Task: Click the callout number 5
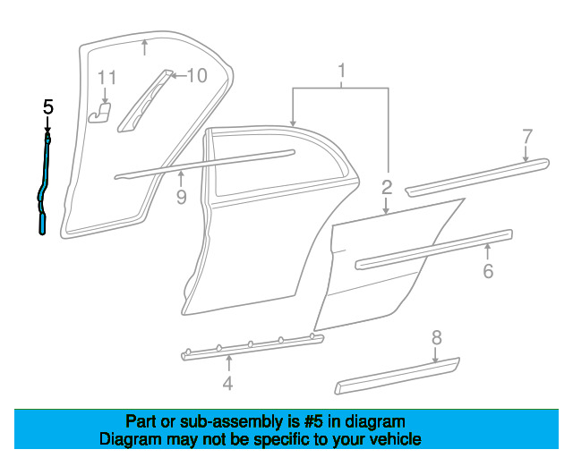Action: click(x=48, y=107)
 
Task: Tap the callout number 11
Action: click(x=107, y=78)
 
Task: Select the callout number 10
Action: click(x=196, y=75)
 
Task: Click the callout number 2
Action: click(x=387, y=188)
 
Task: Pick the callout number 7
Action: click(x=527, y=136)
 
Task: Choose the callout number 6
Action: click(x=488, y=271)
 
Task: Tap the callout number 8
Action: click(x=437, y=338)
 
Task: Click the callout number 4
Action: click(x=228, y=384)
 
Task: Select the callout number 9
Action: click(x=181, y=197)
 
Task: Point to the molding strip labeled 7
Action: click(x=475, y=176)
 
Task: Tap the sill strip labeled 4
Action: click(x=251, y=345)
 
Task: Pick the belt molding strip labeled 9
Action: click(x=206, y=162)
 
